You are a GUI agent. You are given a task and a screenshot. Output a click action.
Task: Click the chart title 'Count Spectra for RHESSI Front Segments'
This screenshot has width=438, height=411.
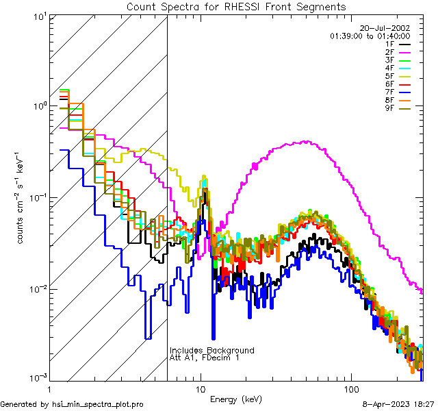pos(236,7)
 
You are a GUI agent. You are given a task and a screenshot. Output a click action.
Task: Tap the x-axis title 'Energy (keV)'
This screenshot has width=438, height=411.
pos(236,399)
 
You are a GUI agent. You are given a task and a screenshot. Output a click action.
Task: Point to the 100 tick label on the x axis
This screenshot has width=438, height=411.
pos(351,388)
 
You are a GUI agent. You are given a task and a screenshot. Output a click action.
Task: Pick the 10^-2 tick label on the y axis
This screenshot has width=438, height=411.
pos(36,289)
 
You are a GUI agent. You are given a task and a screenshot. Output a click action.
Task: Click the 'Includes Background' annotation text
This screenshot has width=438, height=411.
pos(211,351)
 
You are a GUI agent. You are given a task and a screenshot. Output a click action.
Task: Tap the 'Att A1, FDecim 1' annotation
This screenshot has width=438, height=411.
pos(205,358)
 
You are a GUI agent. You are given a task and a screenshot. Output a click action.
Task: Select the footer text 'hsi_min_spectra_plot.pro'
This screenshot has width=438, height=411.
pos(98,404)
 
